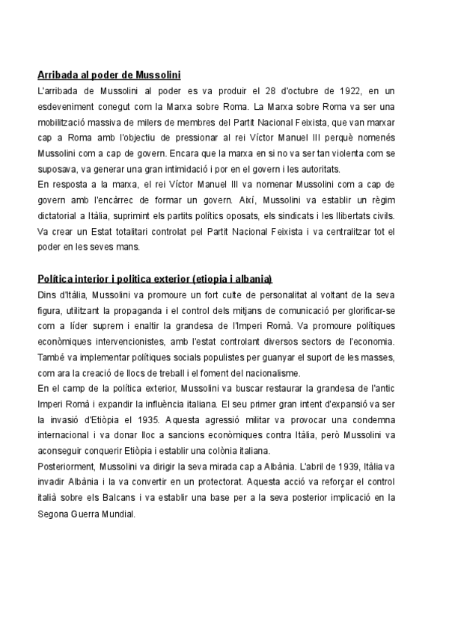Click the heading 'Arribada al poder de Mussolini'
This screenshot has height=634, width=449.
coord(109,75)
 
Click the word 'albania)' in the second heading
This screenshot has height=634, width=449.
coord(254,279)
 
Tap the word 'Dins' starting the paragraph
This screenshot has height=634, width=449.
coord(47,295)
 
